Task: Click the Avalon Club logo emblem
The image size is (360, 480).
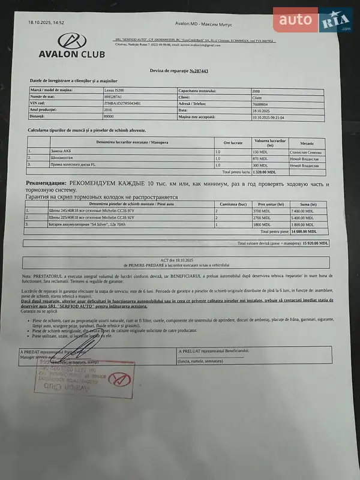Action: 71,41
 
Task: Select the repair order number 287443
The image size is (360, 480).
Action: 198,71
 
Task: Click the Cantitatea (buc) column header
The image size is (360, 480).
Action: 233,204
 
